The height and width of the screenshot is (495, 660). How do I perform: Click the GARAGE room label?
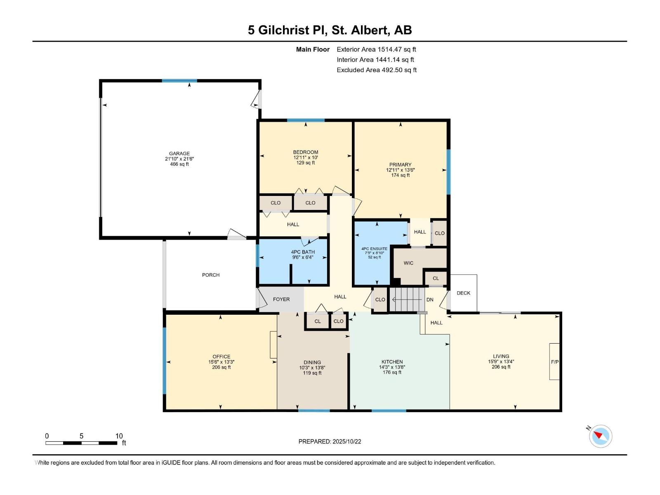(179, 153)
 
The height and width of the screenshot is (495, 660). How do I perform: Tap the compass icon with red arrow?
(601, 436)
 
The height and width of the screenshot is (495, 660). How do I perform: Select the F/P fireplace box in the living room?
(554, 362)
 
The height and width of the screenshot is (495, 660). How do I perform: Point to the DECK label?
(463, 293)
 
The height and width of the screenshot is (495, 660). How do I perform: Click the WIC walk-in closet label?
(408, 263)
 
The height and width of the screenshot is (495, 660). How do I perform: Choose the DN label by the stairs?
(430, 299)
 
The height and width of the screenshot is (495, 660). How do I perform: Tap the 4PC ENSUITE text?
(374, 249)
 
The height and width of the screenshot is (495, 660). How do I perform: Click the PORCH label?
(211, 275)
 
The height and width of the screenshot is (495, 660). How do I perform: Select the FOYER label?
(281, 299)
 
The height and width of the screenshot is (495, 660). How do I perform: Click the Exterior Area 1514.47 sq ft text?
(376, 49)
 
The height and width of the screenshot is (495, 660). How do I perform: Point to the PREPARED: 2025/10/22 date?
(330, 441)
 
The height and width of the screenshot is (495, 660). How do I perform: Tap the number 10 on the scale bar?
(119, 436)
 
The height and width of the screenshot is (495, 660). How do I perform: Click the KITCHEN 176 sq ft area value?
(392, 372)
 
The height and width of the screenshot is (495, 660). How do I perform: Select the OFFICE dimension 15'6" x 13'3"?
(222, 362)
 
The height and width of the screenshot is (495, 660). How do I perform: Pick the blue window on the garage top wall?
(179, 81)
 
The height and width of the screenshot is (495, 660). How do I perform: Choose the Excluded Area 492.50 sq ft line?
(376, 70)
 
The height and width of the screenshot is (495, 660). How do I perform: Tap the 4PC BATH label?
(303, 252)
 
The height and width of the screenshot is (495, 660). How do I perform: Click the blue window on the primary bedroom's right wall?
(448, 171)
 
